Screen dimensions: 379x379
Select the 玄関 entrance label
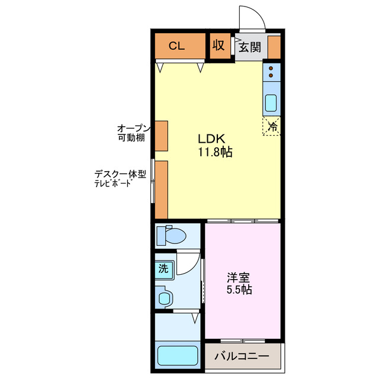click(x=250, y=47)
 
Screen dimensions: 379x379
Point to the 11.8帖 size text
click(x=214, y=152)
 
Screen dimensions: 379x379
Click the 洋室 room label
click(x=239, y=277)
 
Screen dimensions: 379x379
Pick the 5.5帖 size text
click(x=239, y=290)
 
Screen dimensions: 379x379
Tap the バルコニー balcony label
click(x=241, y=357)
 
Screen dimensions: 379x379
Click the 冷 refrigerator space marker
click(x=272, y=126)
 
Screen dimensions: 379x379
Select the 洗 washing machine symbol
click(x=163, y=268)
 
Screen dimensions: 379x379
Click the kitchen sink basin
click(x=271, y=103)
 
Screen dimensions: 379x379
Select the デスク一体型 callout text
click(x=120, y=175)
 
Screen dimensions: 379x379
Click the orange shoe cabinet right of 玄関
click(x=274, y=47)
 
